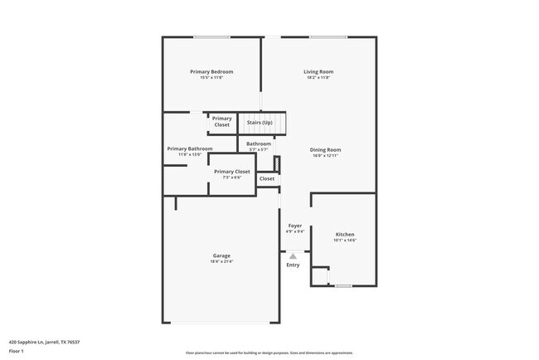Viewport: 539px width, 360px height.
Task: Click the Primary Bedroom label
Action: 211,72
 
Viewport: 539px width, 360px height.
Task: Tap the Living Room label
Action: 318,72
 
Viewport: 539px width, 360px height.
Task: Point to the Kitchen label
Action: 344,235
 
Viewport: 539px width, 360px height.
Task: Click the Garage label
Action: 221,255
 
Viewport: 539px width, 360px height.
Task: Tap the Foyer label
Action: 294,226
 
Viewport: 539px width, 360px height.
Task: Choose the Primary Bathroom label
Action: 189,148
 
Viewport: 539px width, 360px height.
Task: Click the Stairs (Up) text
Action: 260,123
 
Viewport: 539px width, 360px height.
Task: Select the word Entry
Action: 293,265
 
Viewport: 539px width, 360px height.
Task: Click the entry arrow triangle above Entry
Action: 293,256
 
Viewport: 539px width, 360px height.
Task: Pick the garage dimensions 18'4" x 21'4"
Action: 221,261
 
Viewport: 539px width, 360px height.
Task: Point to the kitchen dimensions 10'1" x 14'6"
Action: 344,241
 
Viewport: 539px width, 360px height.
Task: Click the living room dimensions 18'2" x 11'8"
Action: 318,77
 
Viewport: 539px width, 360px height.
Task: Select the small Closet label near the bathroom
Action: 267,178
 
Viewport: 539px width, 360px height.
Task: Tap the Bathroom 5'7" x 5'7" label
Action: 258,146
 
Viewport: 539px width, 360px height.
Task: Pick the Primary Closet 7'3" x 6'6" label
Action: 232,173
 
